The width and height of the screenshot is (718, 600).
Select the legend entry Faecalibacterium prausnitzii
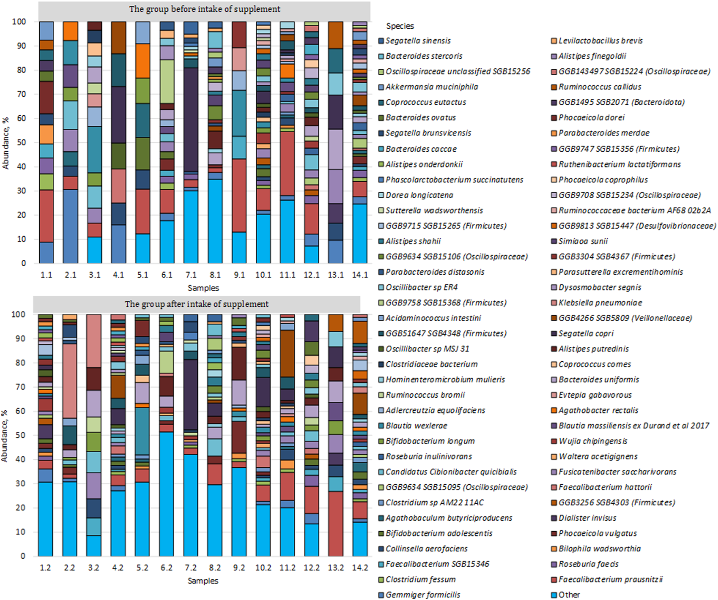[x=610, y=579]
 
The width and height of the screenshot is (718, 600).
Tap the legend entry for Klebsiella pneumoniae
[x=600, y=303]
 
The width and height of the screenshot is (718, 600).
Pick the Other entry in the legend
[x=569, y=595]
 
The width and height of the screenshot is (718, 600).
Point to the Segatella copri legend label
[x=586, y=333]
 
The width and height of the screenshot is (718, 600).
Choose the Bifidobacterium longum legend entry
[x=430, y=441]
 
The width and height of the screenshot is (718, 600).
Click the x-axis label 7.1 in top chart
[x=191, y=275]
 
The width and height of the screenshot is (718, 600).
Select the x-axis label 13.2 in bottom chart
[x=335, y=568]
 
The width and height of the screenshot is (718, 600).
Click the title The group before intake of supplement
[x=204, y=9]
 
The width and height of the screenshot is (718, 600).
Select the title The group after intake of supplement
[x=197, y=304]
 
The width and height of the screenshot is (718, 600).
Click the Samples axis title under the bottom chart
[x=203, y=581]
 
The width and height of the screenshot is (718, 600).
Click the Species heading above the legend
[x=400, y=26]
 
